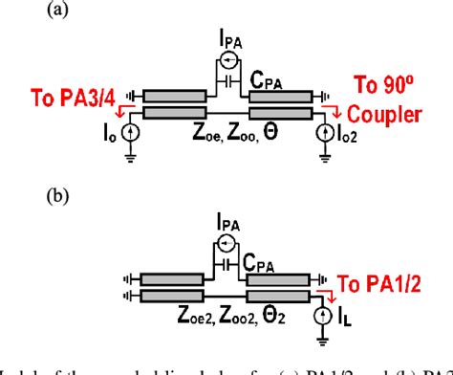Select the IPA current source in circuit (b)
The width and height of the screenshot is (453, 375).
227,243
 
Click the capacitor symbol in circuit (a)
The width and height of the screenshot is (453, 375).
227,83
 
